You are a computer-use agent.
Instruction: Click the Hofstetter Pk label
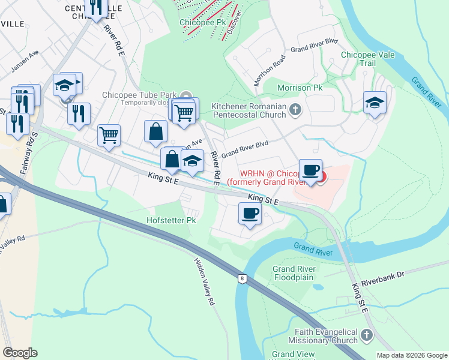(171, 220)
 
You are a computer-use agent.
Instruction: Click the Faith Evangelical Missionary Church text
(326, 336)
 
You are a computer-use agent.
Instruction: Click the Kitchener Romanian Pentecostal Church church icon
(295, 109)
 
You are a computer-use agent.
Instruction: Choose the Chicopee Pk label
(197, 23)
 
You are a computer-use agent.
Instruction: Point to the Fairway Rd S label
(26, 158)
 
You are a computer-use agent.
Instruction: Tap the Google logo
(20, 353)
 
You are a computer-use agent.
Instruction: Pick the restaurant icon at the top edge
(96, 7)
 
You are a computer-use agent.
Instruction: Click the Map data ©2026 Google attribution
(411, 355)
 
